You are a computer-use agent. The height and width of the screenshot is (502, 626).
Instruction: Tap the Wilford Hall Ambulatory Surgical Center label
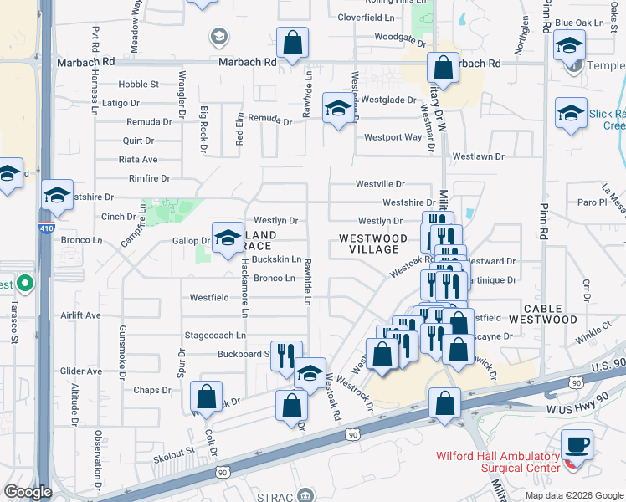tap(497, 462)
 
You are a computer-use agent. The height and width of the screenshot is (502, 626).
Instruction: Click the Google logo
tap(28, 492)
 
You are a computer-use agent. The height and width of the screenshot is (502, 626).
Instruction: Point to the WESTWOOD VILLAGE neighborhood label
tap(374, 243)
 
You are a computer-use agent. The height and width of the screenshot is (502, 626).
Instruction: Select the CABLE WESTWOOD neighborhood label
tap(550, 314)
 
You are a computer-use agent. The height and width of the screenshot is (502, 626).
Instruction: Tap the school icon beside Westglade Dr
tap(338, 108)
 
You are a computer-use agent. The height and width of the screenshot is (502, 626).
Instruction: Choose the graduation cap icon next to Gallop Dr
tap(227, 238)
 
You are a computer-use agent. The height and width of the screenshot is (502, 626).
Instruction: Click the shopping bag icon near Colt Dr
tap(206, 397)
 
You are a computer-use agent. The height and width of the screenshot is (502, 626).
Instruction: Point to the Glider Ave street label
tap(81, 371)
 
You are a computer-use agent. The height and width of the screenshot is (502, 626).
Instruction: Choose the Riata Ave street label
tap(139, 159)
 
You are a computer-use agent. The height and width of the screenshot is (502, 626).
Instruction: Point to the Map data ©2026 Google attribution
tap(573, 494)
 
